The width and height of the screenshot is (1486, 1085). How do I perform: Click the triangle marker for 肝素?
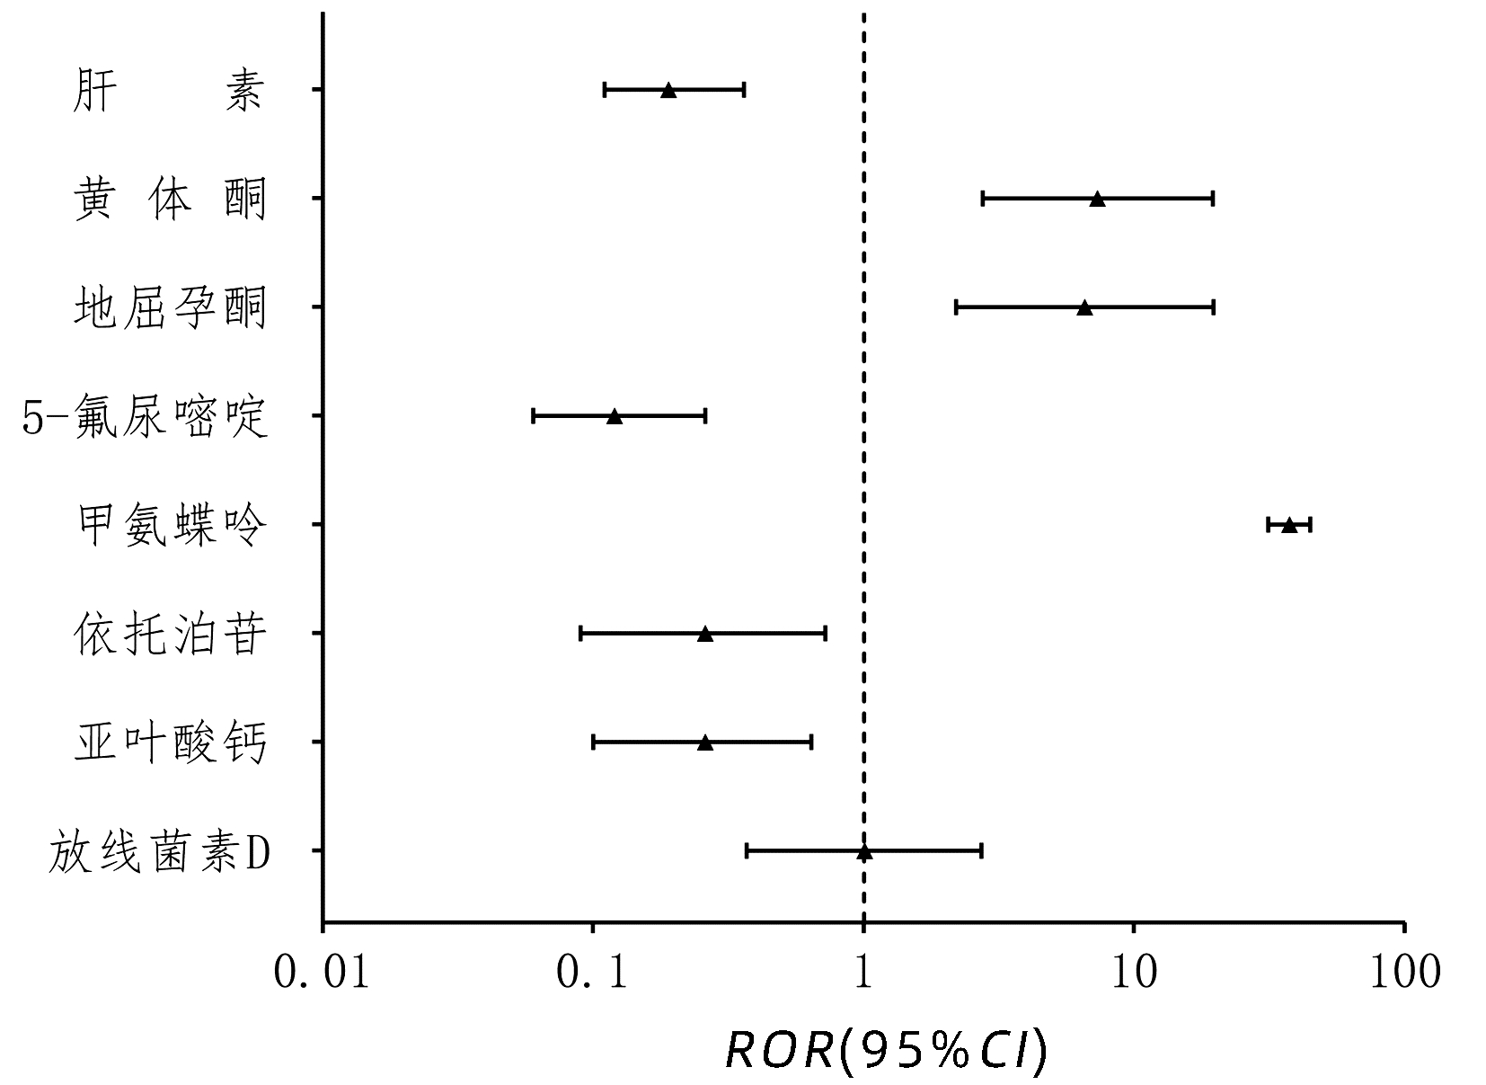pyautogui.click(x=668, y=90)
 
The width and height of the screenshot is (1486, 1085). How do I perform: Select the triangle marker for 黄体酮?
pyautogui.click(x=1097, y=199)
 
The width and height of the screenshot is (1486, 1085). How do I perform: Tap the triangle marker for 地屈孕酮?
pyautogui.click(x=1084, y=307)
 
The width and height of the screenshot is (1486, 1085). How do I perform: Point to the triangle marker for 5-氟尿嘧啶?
pyautogui.click(x=615, y=416)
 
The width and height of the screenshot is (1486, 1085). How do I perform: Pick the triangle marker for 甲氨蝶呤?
pyautogui.click(x=1289, y=525)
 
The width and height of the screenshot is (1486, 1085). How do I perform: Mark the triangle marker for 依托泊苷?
pyautogui.click(x=705, y=634)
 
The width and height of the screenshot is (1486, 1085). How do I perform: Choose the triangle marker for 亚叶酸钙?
pyautogui.click(x=705, y=743)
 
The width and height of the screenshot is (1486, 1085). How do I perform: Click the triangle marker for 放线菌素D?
pyautogui.click(x=864, y=851)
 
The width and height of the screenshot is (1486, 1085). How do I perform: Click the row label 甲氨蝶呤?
pyautogui.click(x=170, y=525)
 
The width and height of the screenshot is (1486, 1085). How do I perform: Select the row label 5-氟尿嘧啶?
pyautogui.click(x=145, y=417)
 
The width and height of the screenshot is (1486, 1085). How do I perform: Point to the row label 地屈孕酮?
pyautogui.click(x=170, y=308)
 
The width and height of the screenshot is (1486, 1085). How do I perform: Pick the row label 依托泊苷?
pyautogui.click(x=170, y=635)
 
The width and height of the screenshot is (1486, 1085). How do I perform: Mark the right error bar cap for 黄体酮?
pyautogui.click(x=1213, y=199)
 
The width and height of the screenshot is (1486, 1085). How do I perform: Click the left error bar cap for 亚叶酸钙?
pyautogui.click(x=594, y=743)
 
